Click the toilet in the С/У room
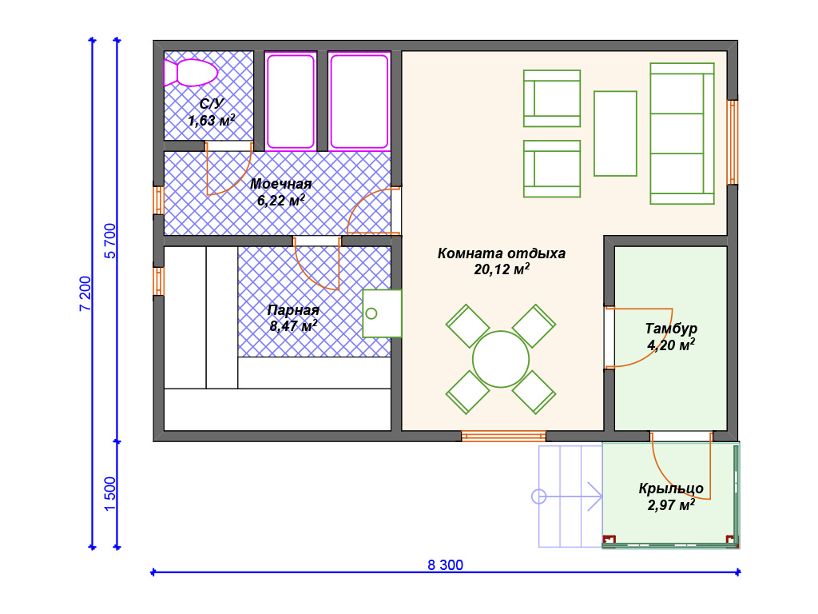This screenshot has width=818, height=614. point(190,73)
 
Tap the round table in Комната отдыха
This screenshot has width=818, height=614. point(501,359)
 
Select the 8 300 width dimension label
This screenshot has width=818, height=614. point(445,565)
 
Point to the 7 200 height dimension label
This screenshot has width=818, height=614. point(85,293)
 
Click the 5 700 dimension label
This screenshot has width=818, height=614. point(110,241)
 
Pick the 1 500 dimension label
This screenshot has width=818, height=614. point(109,494)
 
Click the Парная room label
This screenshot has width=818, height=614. point(293,310)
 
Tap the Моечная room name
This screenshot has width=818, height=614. point(280,184)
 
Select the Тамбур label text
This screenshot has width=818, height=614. point(671,329)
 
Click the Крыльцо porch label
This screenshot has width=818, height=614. point(671,488)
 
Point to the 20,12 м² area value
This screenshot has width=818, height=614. point(502,269)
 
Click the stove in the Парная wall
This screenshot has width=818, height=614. point(382,313)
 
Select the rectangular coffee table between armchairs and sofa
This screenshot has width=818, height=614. point(615,134)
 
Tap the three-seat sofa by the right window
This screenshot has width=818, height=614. point(682,134)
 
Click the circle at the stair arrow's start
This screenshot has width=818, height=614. point(539,496)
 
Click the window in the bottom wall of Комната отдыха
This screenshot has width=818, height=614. point(503,436)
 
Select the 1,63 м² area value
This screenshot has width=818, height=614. point(211,121)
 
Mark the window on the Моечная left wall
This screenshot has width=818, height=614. point(159,201)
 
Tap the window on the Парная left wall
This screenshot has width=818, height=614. point(159,281)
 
